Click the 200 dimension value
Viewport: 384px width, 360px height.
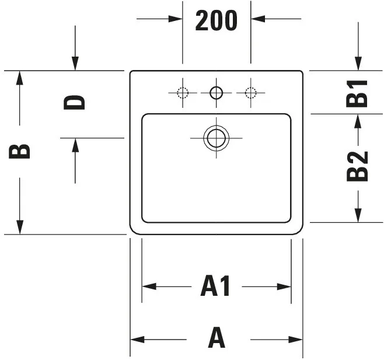217,20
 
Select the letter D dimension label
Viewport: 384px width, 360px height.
74,103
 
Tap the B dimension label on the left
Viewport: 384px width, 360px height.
19,152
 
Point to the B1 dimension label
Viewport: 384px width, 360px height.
357,93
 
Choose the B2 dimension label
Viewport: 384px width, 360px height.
357,166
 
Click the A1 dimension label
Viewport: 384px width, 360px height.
215,286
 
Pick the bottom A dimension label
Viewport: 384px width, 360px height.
217,337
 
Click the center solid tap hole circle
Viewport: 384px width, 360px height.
217,93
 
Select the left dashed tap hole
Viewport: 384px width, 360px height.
183,93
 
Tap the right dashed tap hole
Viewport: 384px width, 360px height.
250,93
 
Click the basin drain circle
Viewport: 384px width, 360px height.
217,138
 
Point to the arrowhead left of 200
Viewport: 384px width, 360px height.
175,19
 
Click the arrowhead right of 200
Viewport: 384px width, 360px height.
257,19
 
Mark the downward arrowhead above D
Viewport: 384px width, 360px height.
75,64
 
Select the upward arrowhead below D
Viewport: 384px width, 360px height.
75,145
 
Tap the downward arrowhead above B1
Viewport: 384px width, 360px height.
358,64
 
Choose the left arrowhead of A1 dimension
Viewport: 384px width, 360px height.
149,286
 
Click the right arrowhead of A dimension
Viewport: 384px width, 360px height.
296,340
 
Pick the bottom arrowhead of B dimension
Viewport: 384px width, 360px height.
20,228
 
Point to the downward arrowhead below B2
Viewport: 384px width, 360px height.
358,215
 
